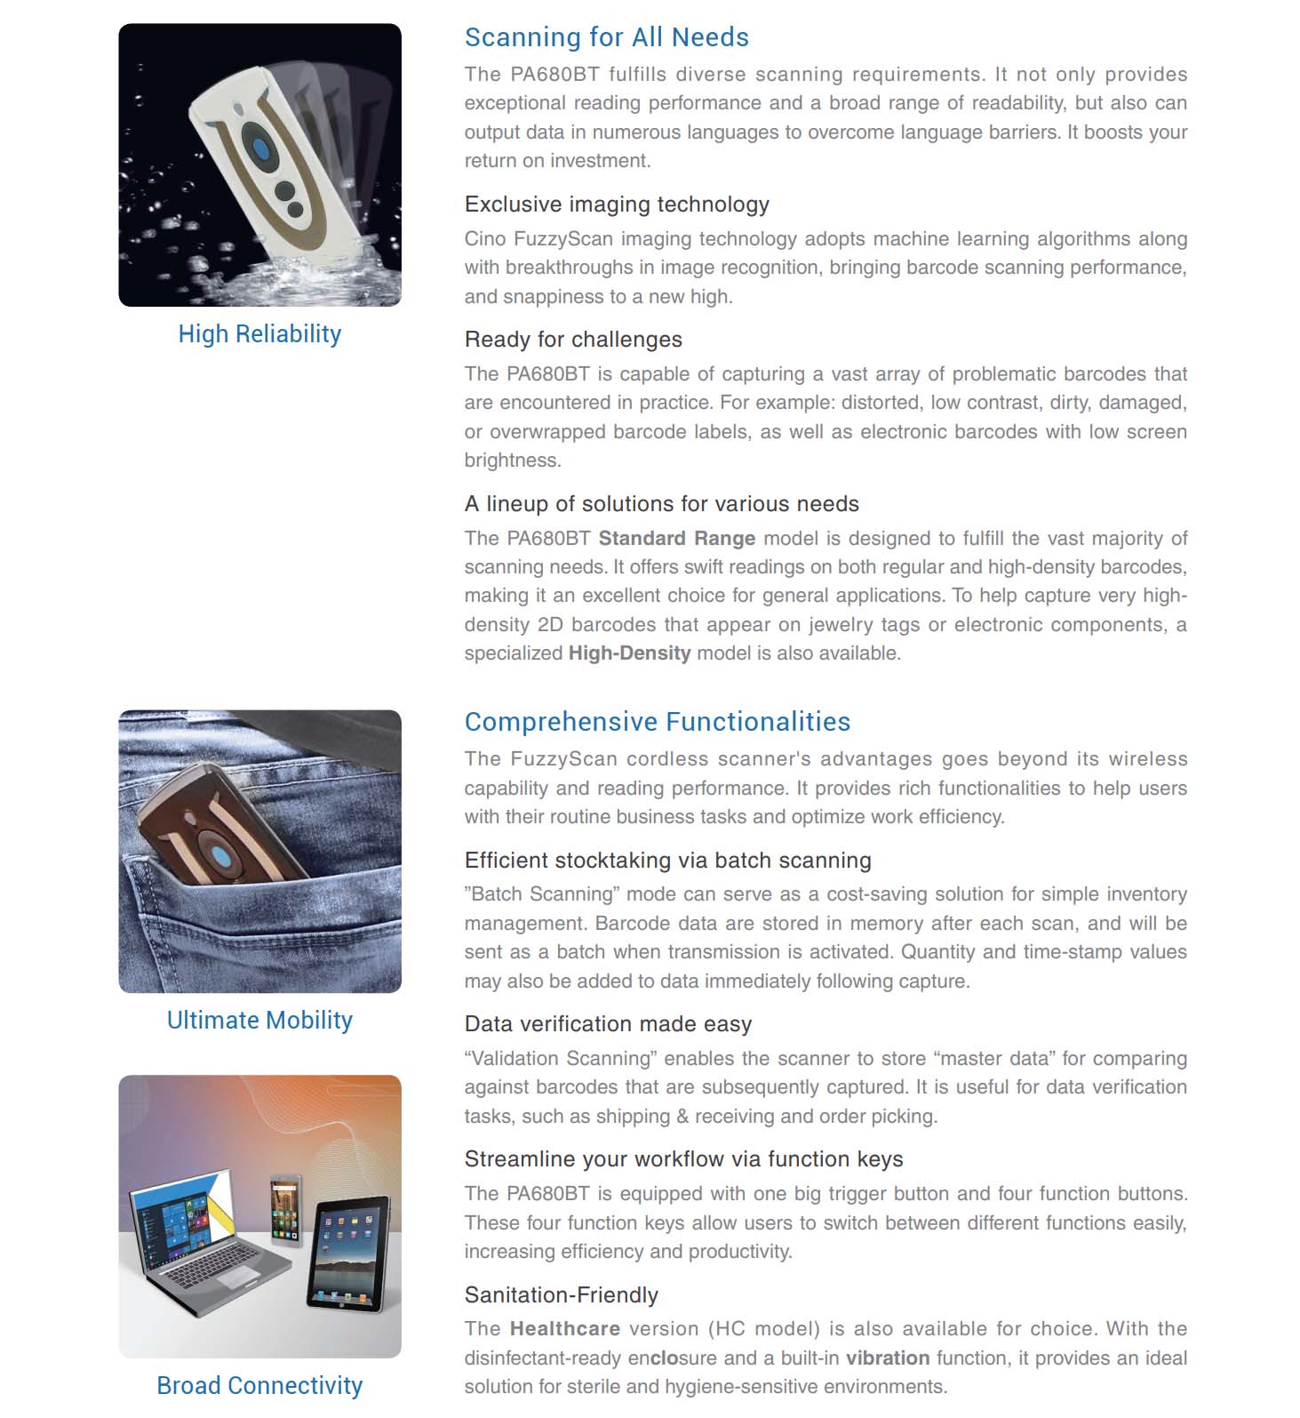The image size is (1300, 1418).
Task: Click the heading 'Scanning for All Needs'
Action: tap(606, 37)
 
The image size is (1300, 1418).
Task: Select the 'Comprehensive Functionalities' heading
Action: tap(657, 722)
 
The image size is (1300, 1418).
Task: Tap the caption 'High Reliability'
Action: tap(259, 334)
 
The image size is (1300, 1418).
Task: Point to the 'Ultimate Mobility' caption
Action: tap(259, 1021)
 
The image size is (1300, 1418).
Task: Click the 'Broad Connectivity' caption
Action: tap(259, 1386)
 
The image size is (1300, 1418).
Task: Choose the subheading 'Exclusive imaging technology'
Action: tap(617, 204)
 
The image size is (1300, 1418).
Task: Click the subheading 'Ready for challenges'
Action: tap(573, 340)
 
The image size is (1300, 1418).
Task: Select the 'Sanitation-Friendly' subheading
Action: tap(561, 1295)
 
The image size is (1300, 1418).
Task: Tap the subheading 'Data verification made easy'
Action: tap(608, 1024)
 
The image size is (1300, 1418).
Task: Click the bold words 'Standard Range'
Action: tap(676, 539)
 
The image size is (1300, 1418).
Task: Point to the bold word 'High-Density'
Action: tap(629, 653)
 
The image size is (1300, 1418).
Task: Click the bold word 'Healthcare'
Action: tap(564, 1329)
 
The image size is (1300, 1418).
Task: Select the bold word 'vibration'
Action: tap(887, 1358)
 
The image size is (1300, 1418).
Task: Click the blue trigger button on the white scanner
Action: tap(262, 148)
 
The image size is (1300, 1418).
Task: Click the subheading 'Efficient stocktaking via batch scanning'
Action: tap(667, 861)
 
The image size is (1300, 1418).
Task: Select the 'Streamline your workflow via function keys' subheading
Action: tap(683, 1159)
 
